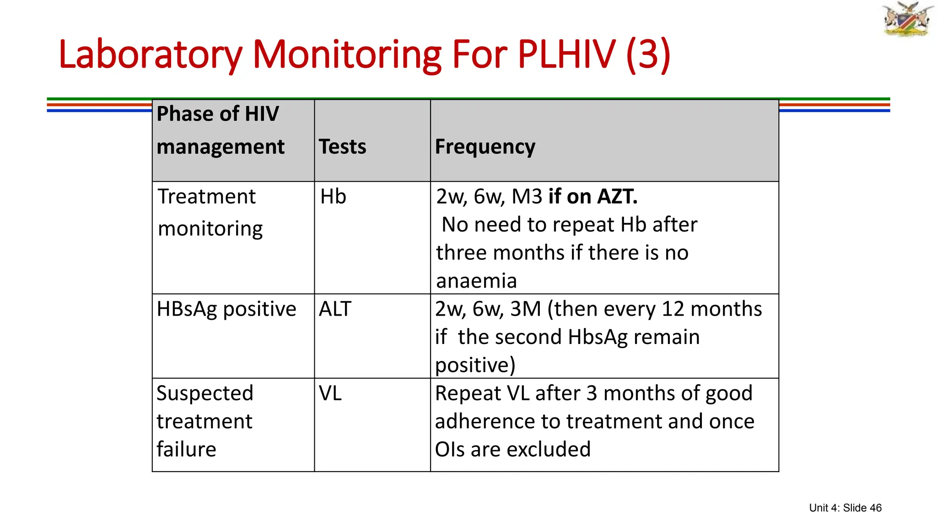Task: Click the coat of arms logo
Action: click(x=907, y=19)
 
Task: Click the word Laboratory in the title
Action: click(x=150, y=55)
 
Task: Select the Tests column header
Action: click(x=342, y=147)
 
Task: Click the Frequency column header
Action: click(x=485, y=147)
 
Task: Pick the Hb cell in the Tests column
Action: click(x=333, y=197)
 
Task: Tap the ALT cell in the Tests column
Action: click(x=335, y=309)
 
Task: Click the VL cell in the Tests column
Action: click(x=330, y=393)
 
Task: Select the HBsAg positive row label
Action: click(x=226, y=309)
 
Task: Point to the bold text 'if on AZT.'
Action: click(x=592, y=197)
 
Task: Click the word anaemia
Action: click(x=476, y=281)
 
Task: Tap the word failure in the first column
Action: click(x=186, y=450)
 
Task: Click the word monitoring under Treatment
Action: click(x=210, y=229)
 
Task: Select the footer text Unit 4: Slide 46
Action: click(x=845, y=508)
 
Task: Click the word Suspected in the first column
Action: click(x=205, y=393)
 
